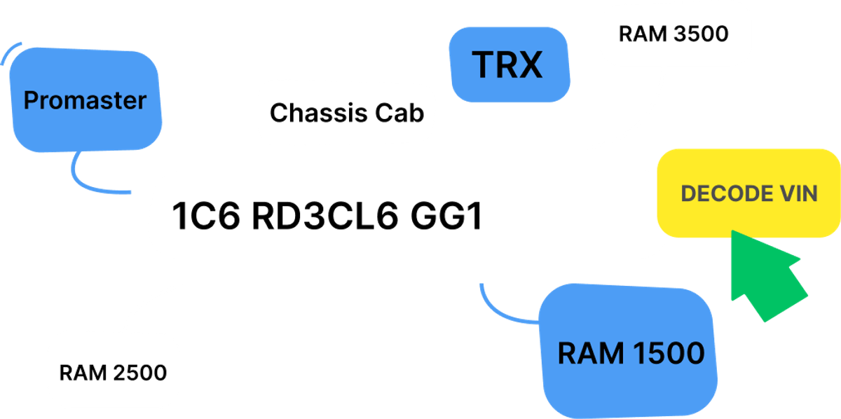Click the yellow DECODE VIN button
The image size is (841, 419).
click(748, 193)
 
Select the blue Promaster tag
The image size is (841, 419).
click(86, 101)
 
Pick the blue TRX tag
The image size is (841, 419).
click(508, 64)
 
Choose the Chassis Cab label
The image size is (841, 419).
click(347, 112)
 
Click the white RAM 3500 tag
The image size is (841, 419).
click(674, 34)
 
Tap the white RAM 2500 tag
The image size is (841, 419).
click(113, 372)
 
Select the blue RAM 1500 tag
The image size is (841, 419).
click(631, 353)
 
